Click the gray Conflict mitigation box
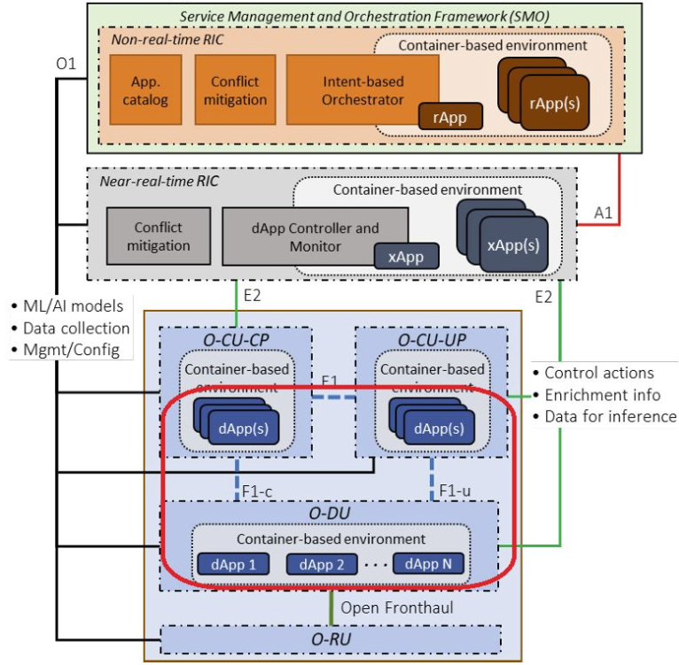(158, 236)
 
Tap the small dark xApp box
(405, 258)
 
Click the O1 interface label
(66, 65)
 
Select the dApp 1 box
(226, 563)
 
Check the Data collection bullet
(70, 329)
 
